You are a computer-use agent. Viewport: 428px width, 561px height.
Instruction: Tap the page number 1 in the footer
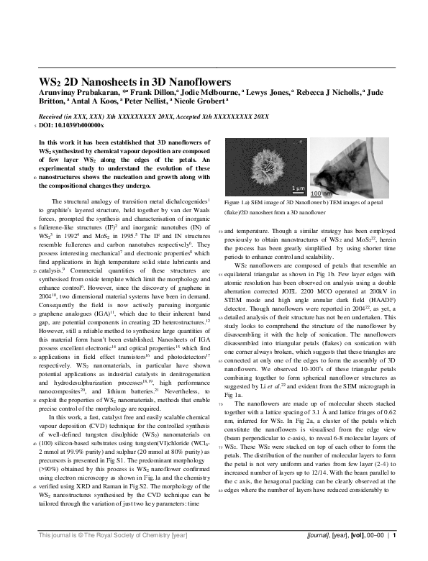tap(394, 555)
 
